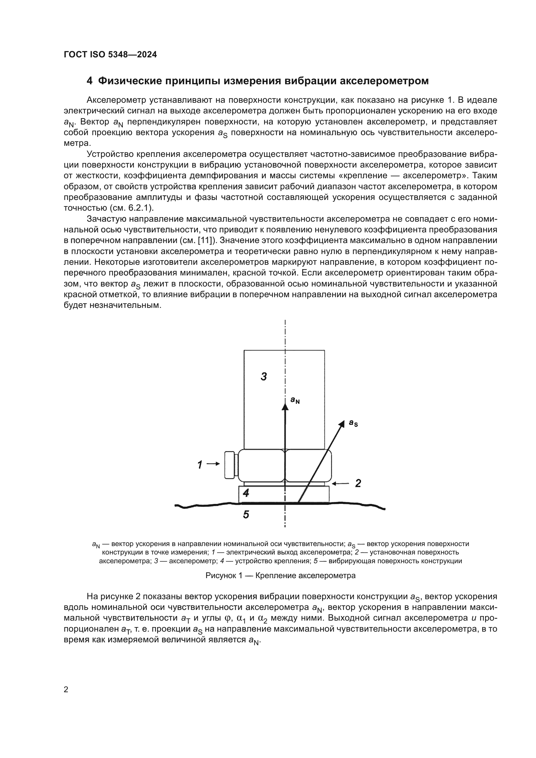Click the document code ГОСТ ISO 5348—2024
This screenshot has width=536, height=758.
pyautogui.click(x=110, y=55)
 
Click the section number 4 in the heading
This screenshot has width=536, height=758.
pyautogui.click(x=89, y=81)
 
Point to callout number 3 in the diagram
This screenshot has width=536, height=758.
pyautogui.click(x=264, y=376)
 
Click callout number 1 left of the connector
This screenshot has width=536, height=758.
pyautogui.click(x=200, y=465)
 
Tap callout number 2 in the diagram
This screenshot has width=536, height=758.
pyautogui.click(x=358, y=483)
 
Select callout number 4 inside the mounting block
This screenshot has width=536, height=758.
pyautogui.click(x=246, y=493)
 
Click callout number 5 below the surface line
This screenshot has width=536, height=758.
pyautogui.click(x=246, y=514)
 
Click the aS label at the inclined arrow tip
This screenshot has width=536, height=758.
pyautogui.click(x=354, y=423)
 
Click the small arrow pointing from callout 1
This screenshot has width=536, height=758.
pyautogui.click(x=214, y=464)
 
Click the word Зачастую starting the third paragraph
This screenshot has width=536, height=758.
pyautogui.click(x=106, y=219)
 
